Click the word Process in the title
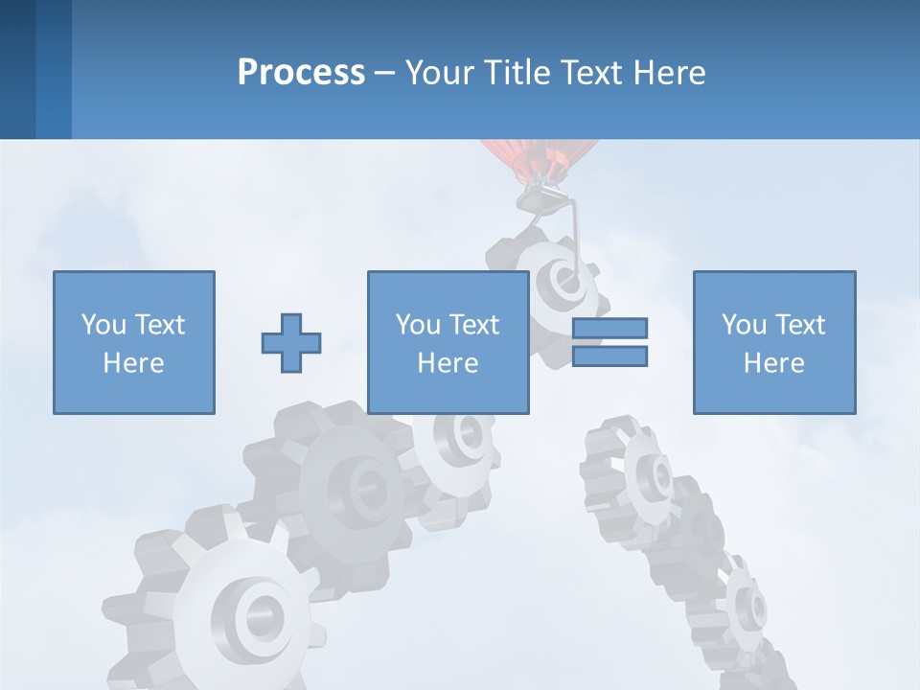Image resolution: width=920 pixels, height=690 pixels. [301, 73]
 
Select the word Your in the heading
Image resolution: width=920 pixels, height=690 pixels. [440, 73]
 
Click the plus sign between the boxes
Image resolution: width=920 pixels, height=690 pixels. [291, 343]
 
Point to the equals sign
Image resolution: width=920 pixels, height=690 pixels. [609, 342]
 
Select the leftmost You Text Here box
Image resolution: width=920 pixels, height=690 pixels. [134, 342]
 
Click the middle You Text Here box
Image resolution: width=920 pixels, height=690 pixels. [448, 342]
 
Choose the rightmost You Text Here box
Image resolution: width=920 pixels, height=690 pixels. [774, 342]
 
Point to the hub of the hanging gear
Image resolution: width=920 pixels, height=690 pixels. [556, 281]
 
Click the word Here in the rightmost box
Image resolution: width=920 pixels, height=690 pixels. [774, 362]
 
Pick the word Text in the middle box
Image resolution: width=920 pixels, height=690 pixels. [473, 324]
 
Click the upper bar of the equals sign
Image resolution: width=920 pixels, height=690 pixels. [609, 329]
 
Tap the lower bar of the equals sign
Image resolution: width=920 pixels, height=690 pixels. [609, 356]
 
